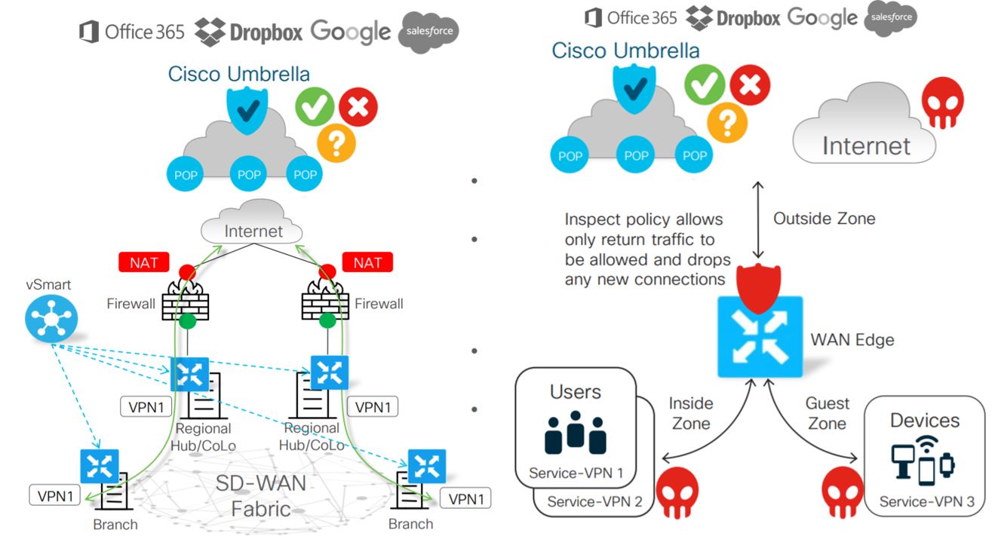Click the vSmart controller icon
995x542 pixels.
(x=51, y=318)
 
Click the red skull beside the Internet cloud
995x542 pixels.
(x=943, y=103)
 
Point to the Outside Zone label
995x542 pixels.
(x=825, y=219)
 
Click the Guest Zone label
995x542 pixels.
(x=827, y=413)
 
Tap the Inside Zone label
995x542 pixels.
(x=689, y=413)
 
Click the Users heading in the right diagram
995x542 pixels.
(x=576, y=392)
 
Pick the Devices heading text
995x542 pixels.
(x=925, y=420)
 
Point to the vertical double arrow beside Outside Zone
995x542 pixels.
(x=757, y=219)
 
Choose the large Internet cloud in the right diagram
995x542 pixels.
(x=864, y=128)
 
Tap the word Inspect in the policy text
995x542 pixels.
(x=591, y=219)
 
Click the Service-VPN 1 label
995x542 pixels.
(x=576, y=473)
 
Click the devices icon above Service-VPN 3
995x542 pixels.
(x=923, y=458)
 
